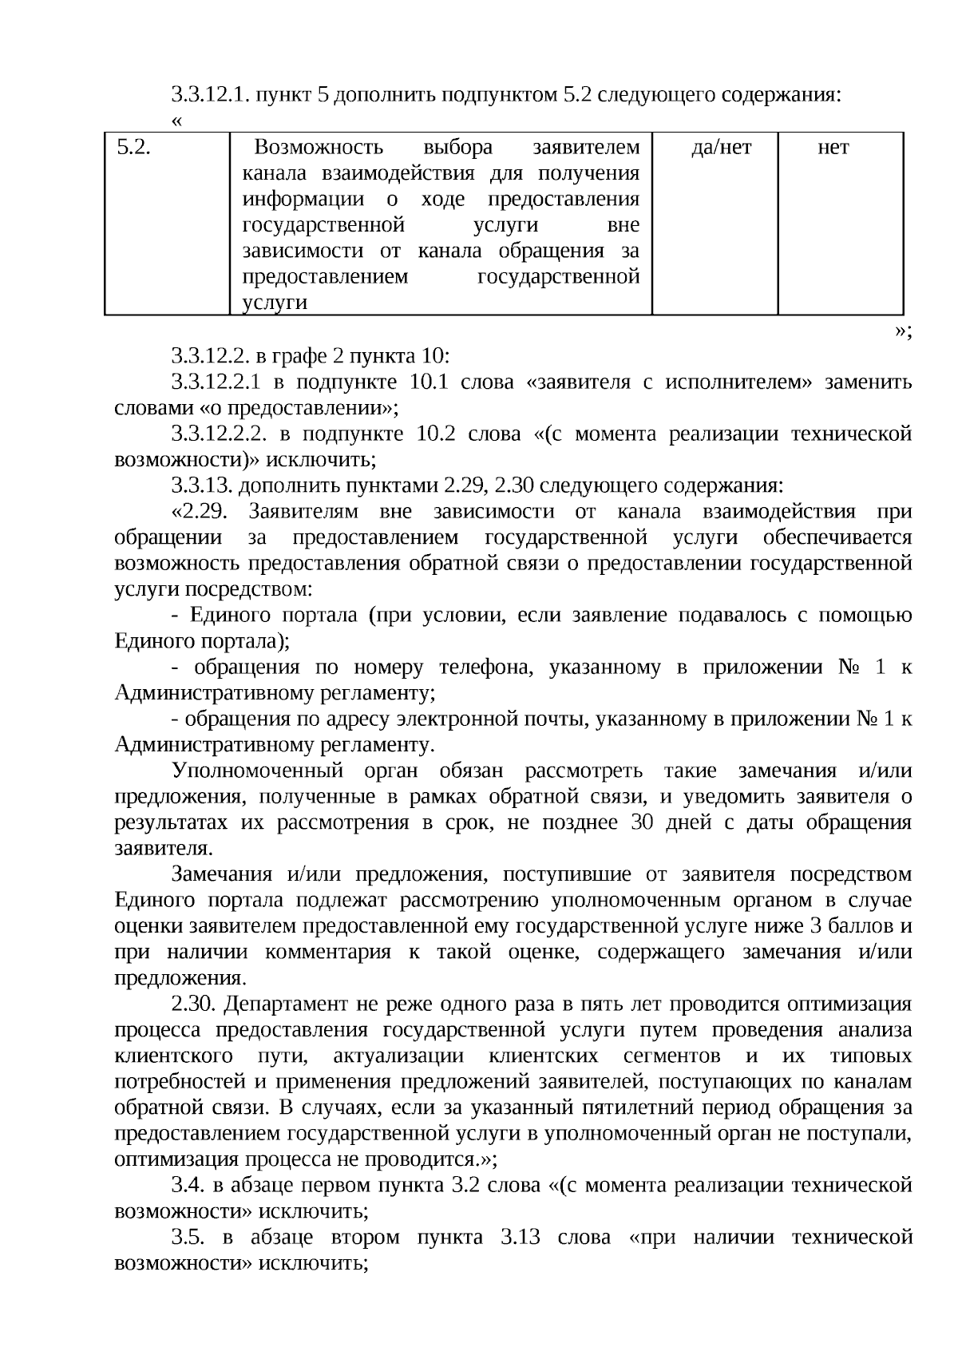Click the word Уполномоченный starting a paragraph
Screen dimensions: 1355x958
coord(257,771)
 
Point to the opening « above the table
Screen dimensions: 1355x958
coord(176,121)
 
